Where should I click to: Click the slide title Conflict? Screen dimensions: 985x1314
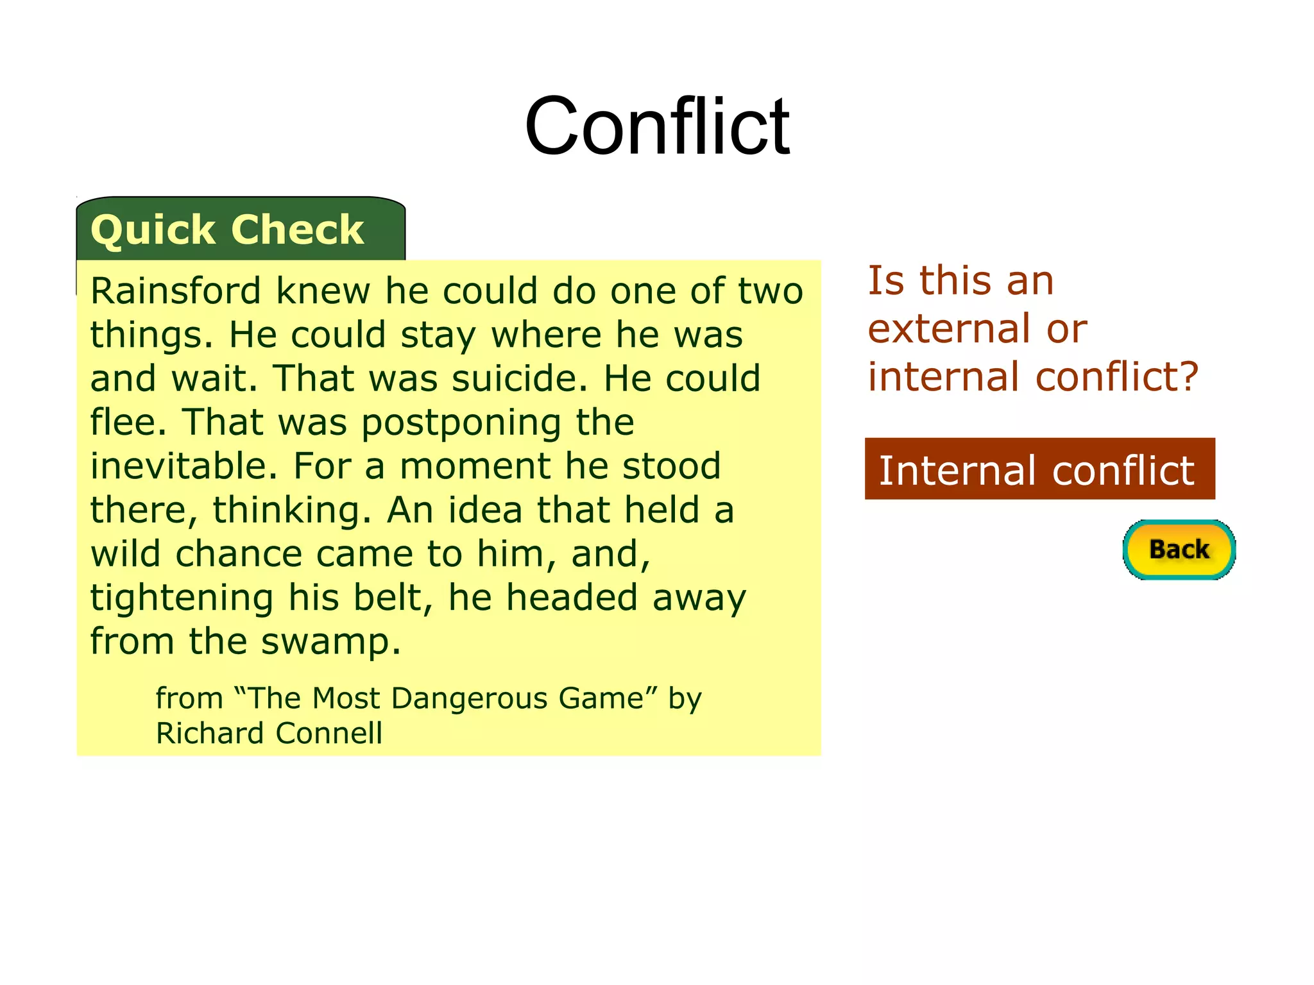pos(657,126)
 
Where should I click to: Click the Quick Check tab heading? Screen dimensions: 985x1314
pos(227,230)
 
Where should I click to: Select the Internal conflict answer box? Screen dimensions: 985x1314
pos(1039,469)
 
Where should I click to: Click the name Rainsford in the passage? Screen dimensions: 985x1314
pos(175,291)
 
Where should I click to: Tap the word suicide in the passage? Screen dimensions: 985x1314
pos(519,378)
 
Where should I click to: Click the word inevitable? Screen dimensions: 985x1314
pos(183,466)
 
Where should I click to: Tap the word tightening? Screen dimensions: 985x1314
pos(182,598)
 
